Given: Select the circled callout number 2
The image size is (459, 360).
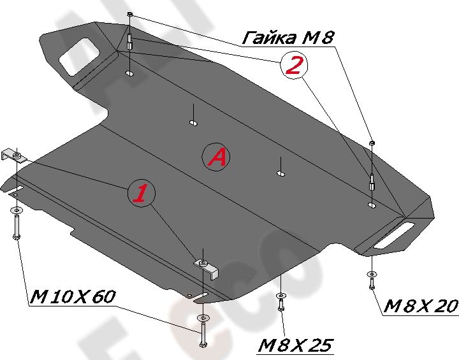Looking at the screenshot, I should coord(293,66).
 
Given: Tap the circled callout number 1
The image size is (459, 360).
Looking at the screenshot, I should coord(141,194).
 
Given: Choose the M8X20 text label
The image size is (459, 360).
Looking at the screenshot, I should coord(420,307).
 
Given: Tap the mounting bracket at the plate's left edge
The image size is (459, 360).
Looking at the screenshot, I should coord(14,155).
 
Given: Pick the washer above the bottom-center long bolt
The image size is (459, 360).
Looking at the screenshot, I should coord(203,317).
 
